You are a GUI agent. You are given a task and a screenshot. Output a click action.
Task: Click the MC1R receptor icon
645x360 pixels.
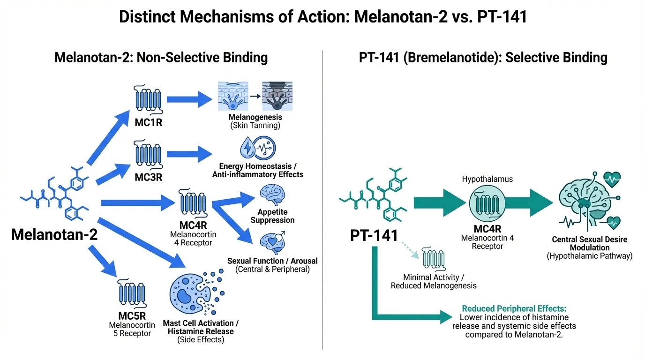(x=148, y=100)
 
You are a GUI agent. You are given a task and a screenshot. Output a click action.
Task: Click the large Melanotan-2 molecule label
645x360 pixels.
(x=54, y=234)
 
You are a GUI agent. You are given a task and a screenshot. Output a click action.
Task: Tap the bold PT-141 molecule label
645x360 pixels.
(x=374, y=235)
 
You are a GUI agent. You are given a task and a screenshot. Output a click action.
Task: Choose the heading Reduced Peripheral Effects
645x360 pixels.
(x=514, y=309)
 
